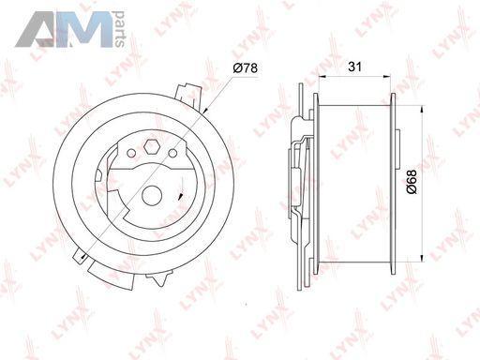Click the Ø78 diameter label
coord(246,67)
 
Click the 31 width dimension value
coord(355,67)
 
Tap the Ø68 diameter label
coord(412,182)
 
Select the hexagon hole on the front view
coord(152,146)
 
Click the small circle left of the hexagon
coord(131,154)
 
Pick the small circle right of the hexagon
coord(172,153)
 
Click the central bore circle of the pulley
coord(152,196)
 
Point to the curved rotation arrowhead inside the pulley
coord(180,197)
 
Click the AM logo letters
coord(64,29)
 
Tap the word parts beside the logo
coord(120,29)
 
